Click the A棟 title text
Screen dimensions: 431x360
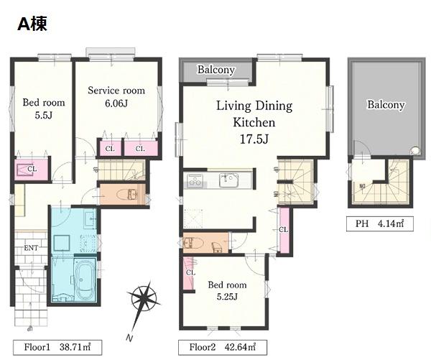tap(32, 24)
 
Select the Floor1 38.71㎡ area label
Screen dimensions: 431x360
tap(57, 347)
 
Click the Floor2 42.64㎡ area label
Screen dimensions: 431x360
tap(223, 347)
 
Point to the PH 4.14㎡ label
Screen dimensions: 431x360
tap(379, 223)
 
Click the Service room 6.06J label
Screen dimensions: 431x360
tap(116, 97)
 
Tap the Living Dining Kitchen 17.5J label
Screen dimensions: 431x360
tap(254, 122)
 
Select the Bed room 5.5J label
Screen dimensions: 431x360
tap(44, 109)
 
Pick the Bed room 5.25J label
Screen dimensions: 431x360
tap(227, 290)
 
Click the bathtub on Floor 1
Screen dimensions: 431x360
tap(85, 280)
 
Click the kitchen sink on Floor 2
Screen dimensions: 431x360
tap(229, 180)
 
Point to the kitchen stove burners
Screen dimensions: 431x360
tap(195, 180)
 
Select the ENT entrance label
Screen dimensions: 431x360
tap(31, 248)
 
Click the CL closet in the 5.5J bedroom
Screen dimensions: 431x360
tap(32, 169)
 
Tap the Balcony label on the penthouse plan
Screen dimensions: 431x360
tap(386, 104)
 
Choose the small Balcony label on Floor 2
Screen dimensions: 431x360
tap(216, 70)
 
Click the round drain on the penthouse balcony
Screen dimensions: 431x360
tap(414, 151)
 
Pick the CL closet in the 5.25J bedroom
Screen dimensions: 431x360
tap(189, 273)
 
